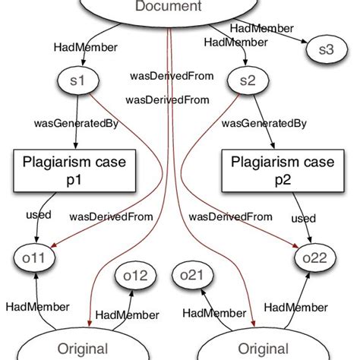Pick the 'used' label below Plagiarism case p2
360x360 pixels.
pos(303,218)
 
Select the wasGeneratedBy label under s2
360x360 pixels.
pos(274,122)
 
